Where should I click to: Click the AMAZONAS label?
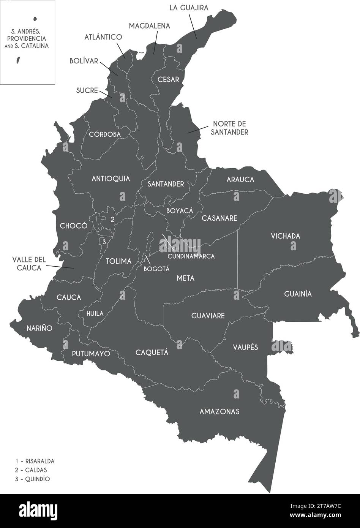219,411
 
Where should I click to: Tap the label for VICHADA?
285,236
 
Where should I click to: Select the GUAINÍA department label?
298,294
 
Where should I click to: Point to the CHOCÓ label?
74,226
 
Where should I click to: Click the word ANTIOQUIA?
111,179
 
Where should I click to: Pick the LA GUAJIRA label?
189,8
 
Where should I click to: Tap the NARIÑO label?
39,328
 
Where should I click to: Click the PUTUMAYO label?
91,354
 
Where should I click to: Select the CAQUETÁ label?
152,352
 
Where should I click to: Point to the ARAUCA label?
240,180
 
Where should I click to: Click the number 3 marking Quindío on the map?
104,241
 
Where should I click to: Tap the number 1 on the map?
96,219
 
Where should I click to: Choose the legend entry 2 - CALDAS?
31,470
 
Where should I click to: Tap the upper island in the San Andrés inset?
35,18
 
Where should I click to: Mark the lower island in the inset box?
18,60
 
